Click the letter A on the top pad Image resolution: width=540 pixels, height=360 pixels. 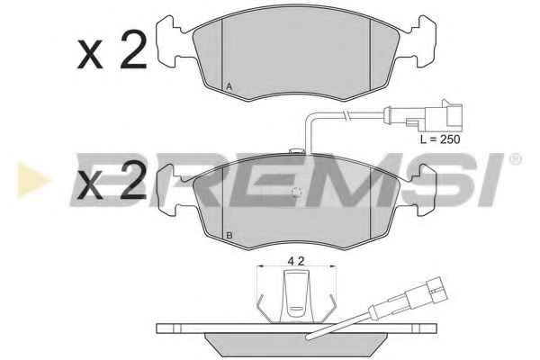229,86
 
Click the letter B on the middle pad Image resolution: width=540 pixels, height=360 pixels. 229,236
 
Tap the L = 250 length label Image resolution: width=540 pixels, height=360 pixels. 440,139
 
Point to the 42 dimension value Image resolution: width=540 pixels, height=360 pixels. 296,262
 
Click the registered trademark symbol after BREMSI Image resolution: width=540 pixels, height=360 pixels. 515,159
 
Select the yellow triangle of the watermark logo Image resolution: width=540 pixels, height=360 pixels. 32,180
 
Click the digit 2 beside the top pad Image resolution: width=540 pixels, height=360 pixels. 133,49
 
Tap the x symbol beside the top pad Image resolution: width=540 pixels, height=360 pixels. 90,54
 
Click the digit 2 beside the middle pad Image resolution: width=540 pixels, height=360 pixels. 133,180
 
